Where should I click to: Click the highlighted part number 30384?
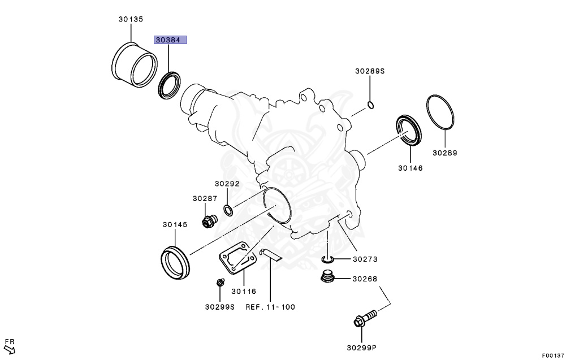click(171, 41)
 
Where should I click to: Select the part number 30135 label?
click(131, 19)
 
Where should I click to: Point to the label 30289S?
click(369, 71)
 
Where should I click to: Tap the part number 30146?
click(410, 168)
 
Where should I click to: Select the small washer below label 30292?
click(227, 211)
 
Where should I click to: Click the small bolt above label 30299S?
click(219, 283)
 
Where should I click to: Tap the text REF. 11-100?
click(270, 307)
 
